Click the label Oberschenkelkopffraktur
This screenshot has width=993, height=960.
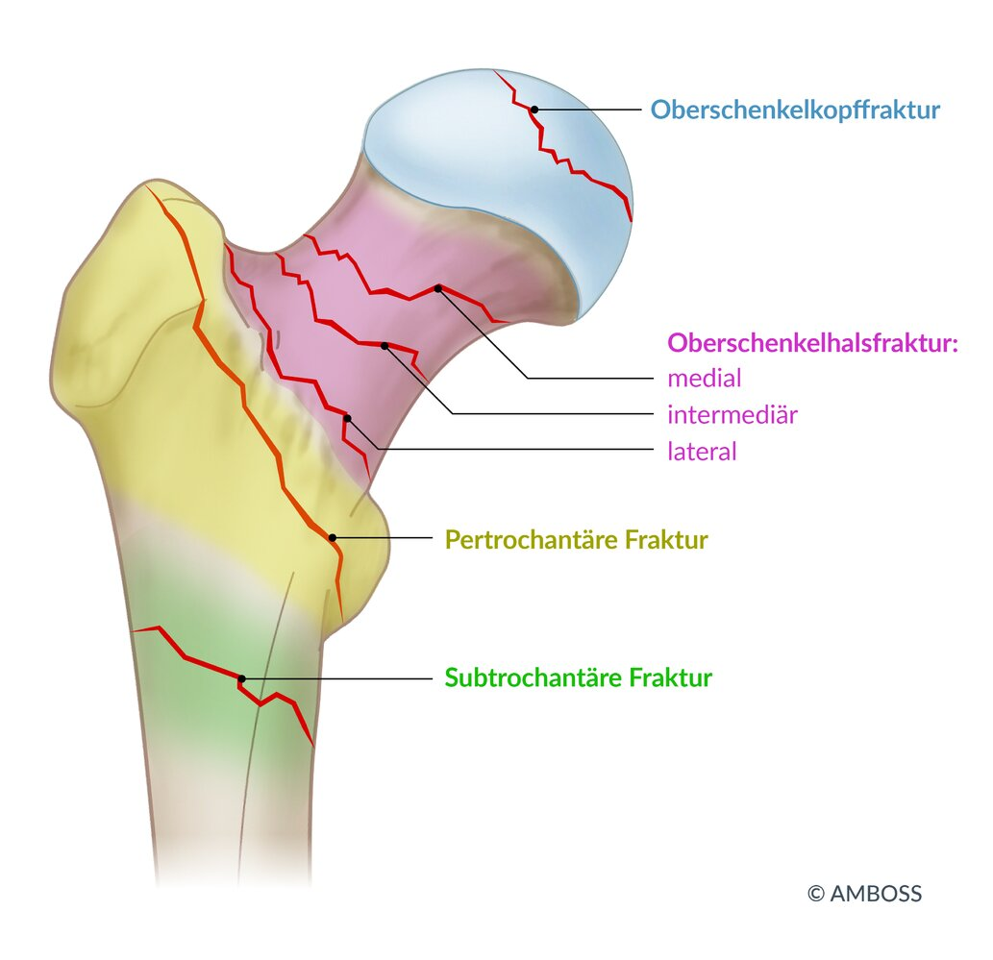pos(795,110)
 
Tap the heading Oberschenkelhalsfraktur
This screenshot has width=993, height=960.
pos(814,343)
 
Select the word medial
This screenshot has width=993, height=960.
pos(705,379)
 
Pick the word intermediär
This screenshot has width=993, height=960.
pos(732,415)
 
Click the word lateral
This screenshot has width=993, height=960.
pos(702,451)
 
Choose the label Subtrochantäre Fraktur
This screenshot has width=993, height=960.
pos(578,678)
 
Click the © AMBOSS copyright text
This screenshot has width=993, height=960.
pos(864,894)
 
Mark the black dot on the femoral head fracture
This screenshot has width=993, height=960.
pos(534,111)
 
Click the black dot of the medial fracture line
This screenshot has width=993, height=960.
pos(437,287)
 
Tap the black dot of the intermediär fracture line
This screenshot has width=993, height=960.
pos(385,345)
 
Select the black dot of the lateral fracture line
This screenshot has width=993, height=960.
pos(347,418)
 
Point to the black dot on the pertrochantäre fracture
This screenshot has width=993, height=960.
pos(333,537)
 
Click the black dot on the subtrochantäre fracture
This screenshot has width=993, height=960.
pos(241,678)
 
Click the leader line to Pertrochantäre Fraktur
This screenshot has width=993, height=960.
pos(385,538)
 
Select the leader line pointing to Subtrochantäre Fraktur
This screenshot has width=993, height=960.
pos(336,678)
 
